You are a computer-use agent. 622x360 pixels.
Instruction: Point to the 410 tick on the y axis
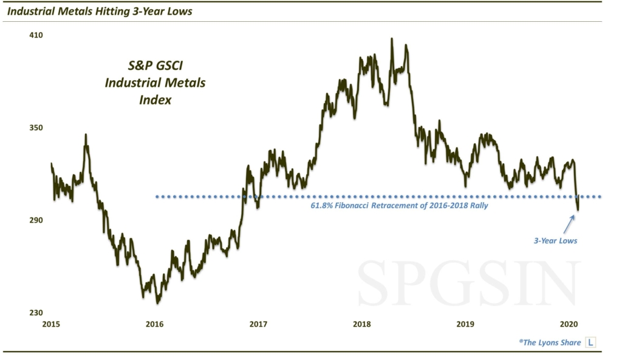tap(37, 35)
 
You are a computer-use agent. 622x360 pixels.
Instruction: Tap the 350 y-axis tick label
tap(37, 128)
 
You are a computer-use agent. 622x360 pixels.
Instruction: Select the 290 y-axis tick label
tap(37, 220)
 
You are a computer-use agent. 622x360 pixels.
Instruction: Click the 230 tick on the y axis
tap(37, 313)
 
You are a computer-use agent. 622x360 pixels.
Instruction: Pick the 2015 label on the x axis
tap(52, 324)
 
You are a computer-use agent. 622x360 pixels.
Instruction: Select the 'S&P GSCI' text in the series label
tap(154, 66)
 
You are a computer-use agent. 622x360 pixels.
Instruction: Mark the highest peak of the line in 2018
tap(391, 39)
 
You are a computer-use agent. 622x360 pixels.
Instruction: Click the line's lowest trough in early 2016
tap(158, 302)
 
